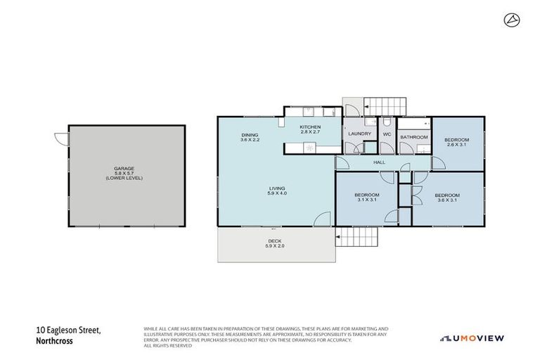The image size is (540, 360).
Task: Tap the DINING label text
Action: coord(250,135)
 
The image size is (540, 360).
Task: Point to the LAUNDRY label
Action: coord(359,133)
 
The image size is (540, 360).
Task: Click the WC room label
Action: coord(387,133)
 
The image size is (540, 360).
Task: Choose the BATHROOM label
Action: coord(414,136)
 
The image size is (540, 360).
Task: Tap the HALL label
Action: coord(379,162)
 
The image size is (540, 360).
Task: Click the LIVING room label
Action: coord(275,188)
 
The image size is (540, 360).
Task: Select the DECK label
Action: coord(274,240)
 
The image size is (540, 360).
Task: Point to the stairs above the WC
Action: coord(385,106)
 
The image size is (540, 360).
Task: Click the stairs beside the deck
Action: coord(358,238)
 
